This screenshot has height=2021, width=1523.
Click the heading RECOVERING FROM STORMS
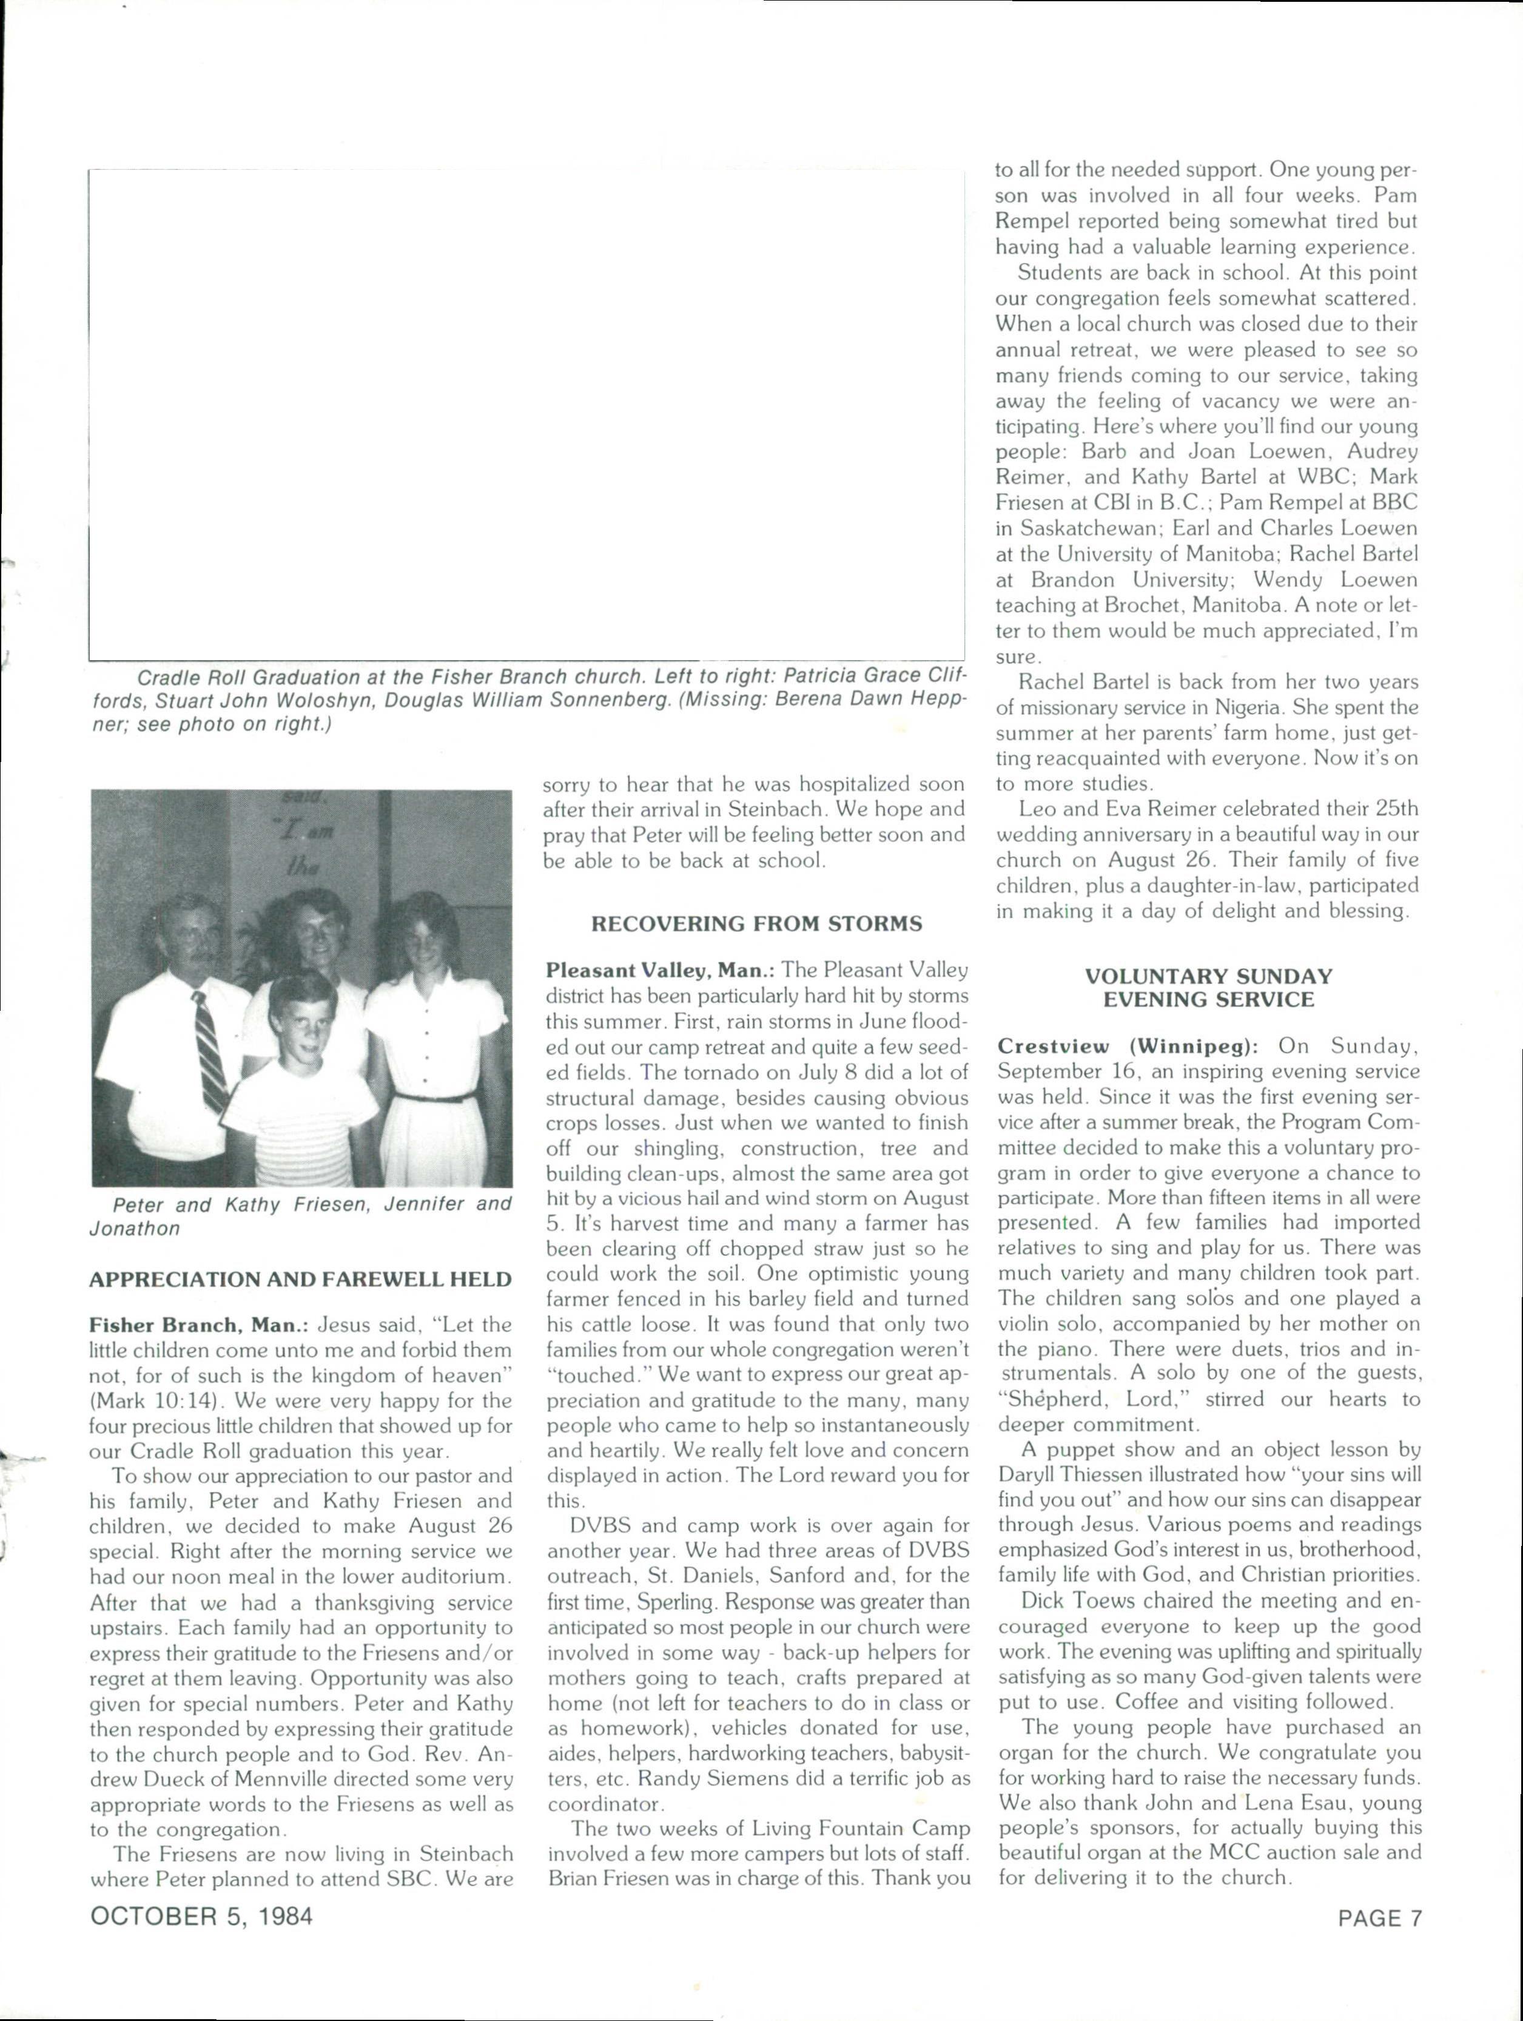756,923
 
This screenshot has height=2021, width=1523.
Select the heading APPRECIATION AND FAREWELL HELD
300,1279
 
